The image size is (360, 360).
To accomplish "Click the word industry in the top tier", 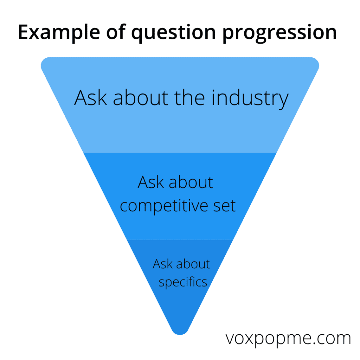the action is coord(250,98).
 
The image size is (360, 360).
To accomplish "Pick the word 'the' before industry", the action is coord(189,98).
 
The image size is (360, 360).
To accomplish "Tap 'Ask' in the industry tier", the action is coord(90,98).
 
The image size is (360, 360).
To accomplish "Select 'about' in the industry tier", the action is coord(141,98).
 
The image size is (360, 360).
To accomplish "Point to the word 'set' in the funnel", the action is coord(224,206).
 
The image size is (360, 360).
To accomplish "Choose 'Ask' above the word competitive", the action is coord(151,182).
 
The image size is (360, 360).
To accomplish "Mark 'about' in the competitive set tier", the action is coord(191,182).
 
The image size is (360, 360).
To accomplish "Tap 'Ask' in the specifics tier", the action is coord(163,264).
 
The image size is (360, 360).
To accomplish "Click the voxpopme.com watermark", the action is coord(288,339).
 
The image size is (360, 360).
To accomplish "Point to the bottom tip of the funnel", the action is coord(180,335).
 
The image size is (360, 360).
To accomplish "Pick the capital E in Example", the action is coord(24,32).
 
